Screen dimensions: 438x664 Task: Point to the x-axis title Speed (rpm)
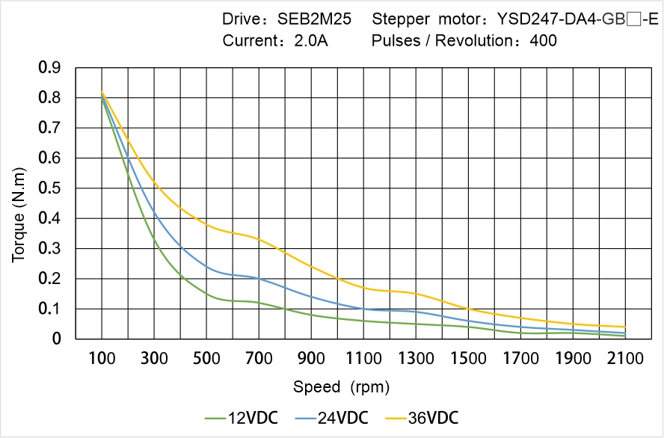click(342, 387)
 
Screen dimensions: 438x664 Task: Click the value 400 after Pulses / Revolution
click(543, 40)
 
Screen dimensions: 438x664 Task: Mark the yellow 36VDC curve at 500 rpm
click(206, 225)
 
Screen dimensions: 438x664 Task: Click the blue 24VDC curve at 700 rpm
click(259, 279)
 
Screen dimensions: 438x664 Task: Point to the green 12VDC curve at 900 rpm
click(311, 315)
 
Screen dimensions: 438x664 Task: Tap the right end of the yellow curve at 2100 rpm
click(624, 327)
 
